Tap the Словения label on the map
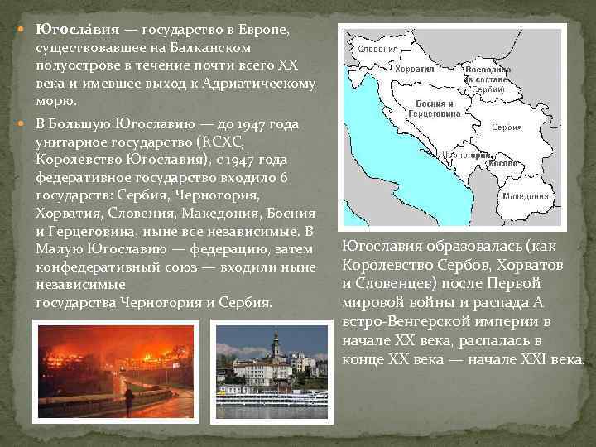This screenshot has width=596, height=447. tap(378, 49)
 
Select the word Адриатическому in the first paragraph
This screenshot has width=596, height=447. tap(254, 83)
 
